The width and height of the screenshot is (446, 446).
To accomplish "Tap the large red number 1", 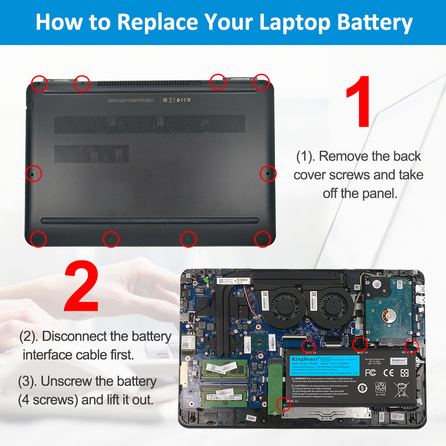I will tap(358, 101).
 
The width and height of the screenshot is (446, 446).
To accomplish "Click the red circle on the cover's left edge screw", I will tap(33, 173).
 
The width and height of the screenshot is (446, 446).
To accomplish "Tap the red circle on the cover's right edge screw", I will tap(268, 173).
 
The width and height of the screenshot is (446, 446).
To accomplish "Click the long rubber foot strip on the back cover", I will tap(150, 221).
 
